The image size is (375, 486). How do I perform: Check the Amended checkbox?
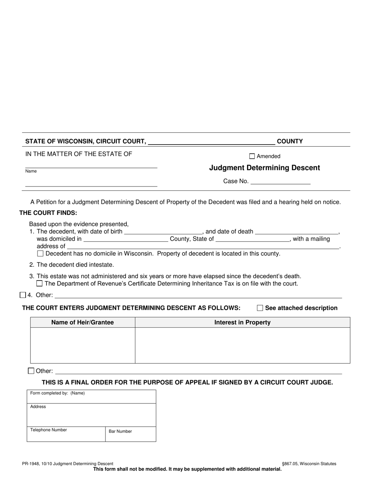click(x=252, y=156)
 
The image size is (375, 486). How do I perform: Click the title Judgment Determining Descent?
click(x=264, y=168)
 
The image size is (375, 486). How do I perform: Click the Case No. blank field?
click(x=280, y=181)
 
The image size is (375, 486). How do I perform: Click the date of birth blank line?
click(x=163, y=232)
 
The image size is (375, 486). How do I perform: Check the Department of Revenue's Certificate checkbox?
click(x=39, y=283)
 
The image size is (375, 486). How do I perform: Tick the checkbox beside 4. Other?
click(x=22, y=295)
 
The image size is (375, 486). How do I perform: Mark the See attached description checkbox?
click(x=260, y=308)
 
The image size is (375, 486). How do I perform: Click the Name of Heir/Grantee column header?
click(x=82, y=322)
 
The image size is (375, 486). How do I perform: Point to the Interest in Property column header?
click(x=242, y=322)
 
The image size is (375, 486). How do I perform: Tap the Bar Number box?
click(x=130, y=434)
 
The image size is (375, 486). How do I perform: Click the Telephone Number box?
click(x=66, y=434)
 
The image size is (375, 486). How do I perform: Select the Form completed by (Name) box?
click(x=91, y=396)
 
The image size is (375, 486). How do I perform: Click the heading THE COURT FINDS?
click(x=48, y=213)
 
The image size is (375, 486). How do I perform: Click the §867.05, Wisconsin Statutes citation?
click(x=309, y=464)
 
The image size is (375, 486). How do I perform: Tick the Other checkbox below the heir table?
click(x=31, y=371)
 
